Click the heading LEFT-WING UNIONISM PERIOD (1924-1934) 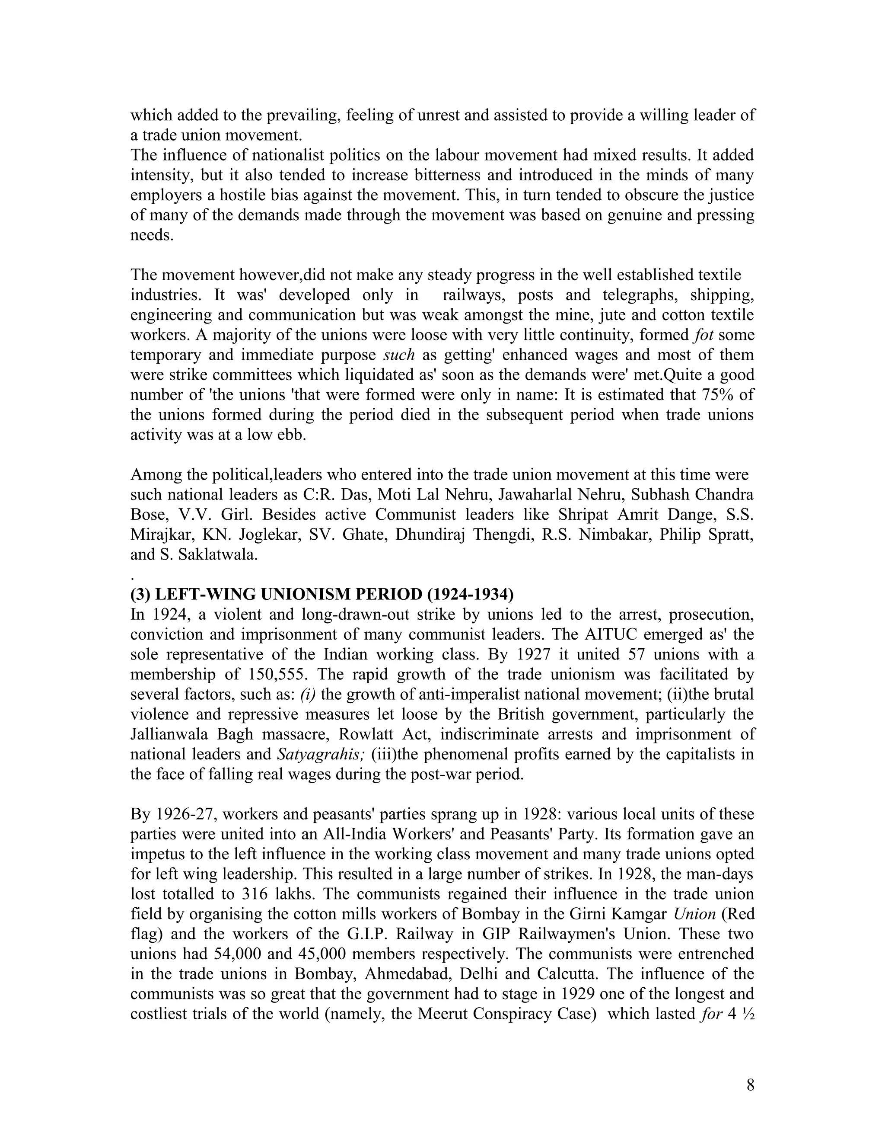pyautogui.click(x=322, y=595)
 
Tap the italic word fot pyautogui.click(x=703, y=335)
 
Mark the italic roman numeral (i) pyautogui.click(x=308, y=694)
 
